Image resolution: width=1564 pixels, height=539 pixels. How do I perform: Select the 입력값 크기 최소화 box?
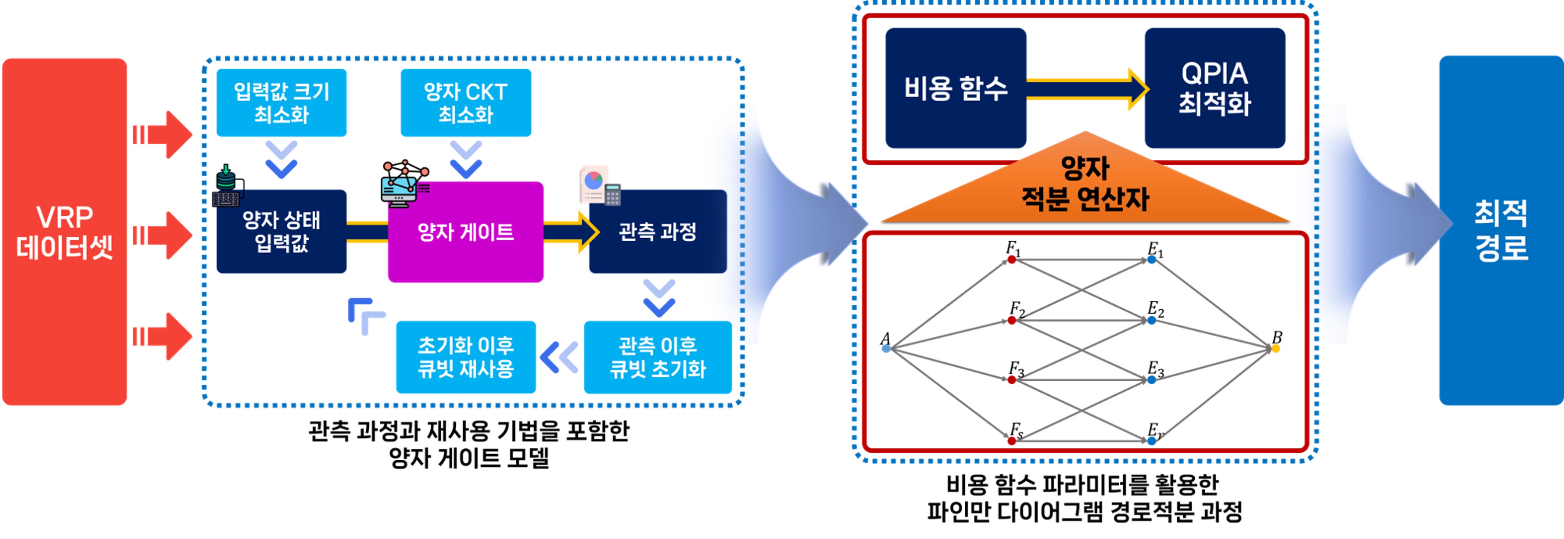[x=281, y=103]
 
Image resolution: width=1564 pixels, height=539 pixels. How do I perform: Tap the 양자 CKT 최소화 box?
[x=466, y=103]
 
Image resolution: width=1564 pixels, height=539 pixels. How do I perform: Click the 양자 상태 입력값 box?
[x=281, y=232]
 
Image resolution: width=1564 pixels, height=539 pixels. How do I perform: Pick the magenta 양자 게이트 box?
[x=466, y=232]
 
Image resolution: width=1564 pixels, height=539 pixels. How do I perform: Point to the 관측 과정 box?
[x=658, y=232]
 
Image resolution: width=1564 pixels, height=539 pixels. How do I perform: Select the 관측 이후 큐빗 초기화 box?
[x=658, y=357]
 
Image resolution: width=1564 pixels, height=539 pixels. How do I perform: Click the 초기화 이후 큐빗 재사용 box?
[x=466, y=357]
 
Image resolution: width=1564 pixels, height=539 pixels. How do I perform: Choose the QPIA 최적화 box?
[x=1214, y=88]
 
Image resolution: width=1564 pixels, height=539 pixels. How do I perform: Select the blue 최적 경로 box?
[x=1501, y=231]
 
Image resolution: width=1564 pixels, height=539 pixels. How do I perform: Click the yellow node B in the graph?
[x=1276, y=348]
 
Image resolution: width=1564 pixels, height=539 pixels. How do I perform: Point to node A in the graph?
[x=886, y=348]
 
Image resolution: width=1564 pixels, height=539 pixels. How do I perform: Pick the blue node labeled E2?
[x=1152, y=320]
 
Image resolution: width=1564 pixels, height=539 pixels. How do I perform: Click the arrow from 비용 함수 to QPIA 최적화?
[x=1087, y=89]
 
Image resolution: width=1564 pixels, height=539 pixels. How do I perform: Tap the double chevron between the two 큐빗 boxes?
[x=559, y=357]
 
